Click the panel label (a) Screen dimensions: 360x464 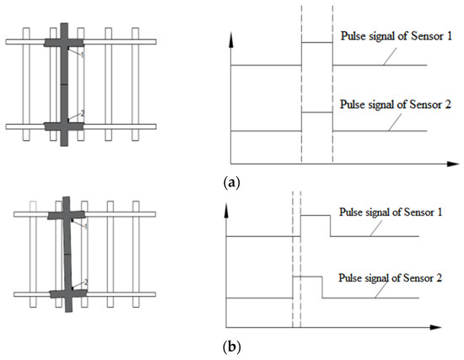(x=232, y=179)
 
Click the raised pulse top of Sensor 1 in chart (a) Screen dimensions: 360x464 (x=316, y=41)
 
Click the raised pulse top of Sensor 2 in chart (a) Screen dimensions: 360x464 (x=316, y=111)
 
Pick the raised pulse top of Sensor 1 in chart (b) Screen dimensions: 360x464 (x=315, y=216)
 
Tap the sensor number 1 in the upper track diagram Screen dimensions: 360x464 (x=83, y=54)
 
